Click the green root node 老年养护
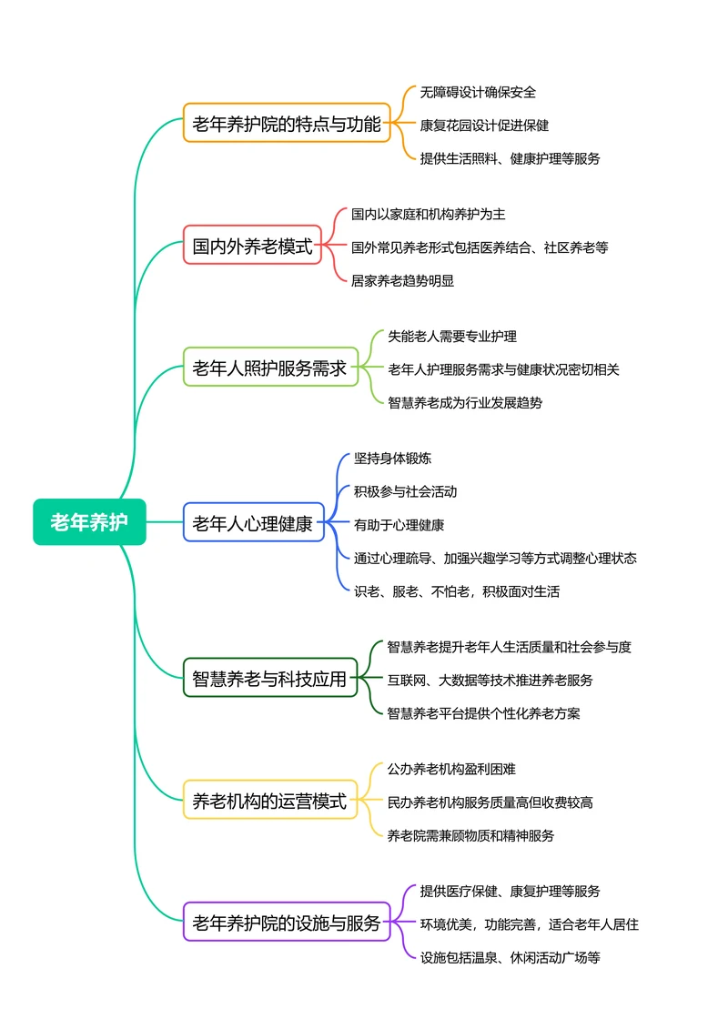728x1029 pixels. coord(89,522)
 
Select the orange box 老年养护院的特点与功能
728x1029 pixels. coord(287,124)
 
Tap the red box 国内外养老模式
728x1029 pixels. coord(252,246)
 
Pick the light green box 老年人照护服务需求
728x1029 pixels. coord(270,368)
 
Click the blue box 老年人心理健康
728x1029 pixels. coord(253,523)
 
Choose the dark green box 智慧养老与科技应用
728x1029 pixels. coord(270,679)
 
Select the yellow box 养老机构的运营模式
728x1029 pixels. coord(270,802)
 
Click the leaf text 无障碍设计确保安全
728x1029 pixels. coord(478,92)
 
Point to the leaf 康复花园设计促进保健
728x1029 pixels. coord(484,125)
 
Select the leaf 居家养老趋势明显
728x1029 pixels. coord(402,280)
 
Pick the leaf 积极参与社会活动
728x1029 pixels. coord(405,491)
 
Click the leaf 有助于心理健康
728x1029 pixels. coord(399,525)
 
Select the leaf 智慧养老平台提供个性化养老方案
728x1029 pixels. coord(483,712)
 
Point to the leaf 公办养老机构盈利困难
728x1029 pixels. coord(451,769)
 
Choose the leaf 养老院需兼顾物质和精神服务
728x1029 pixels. coord(470,834)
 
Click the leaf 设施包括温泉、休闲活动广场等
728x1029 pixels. coord(510,957)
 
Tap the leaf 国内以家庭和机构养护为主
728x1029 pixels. coord(428,214)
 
